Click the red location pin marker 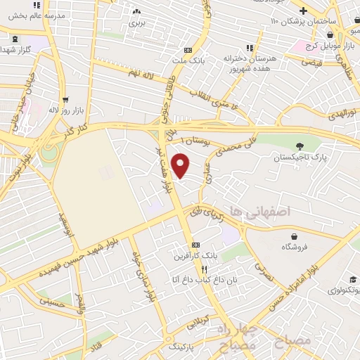tap(181, 165)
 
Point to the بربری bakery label tap(136, 23)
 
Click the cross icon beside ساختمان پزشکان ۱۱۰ tap(303, 11)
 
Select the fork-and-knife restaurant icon tap(204, 269)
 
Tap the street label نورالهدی tap(344, 112)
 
